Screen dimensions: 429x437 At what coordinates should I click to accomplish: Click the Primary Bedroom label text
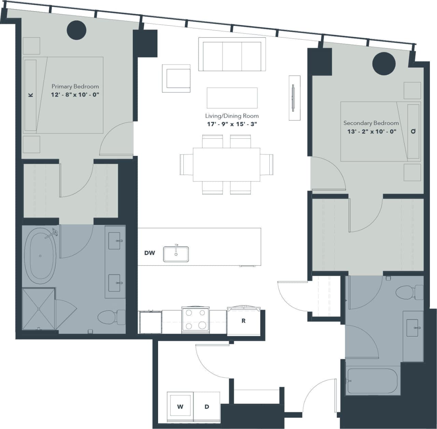75,87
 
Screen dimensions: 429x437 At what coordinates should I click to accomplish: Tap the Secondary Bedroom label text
371,123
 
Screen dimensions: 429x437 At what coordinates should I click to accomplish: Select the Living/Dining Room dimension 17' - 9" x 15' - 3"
232,124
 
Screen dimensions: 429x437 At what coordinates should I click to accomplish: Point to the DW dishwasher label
150,253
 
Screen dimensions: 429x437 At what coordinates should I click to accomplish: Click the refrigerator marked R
243,321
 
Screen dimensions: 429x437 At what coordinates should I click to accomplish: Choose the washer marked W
180,406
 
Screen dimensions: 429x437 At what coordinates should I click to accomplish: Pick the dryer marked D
207,406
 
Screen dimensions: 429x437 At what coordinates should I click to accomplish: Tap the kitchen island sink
176,254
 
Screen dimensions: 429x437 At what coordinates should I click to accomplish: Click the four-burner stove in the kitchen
195,319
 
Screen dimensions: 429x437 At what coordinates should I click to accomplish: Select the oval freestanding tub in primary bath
40,256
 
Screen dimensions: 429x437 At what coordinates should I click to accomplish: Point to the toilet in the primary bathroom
111,317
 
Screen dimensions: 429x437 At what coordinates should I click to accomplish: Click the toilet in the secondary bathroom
409,292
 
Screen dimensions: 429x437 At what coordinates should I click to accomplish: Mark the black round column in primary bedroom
76,30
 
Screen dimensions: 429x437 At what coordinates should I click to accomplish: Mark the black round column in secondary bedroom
384,63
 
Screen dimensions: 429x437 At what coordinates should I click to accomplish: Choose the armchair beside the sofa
176,78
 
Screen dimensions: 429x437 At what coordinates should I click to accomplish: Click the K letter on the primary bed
31,95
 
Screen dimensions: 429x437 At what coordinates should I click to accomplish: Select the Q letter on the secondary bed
413,131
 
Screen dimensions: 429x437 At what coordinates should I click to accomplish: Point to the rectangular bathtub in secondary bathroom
372,381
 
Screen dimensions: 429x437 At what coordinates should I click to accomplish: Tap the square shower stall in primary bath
39,309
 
